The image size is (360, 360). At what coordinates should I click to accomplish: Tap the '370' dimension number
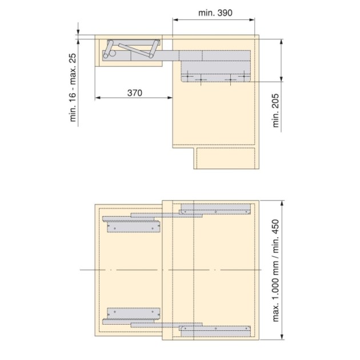coord(134,92)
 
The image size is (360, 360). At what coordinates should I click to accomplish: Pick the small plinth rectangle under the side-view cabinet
coord(226,159)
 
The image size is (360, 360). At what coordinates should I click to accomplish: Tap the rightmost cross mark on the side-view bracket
coord(230,80)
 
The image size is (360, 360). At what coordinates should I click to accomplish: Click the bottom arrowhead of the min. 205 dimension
coord(282,81)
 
